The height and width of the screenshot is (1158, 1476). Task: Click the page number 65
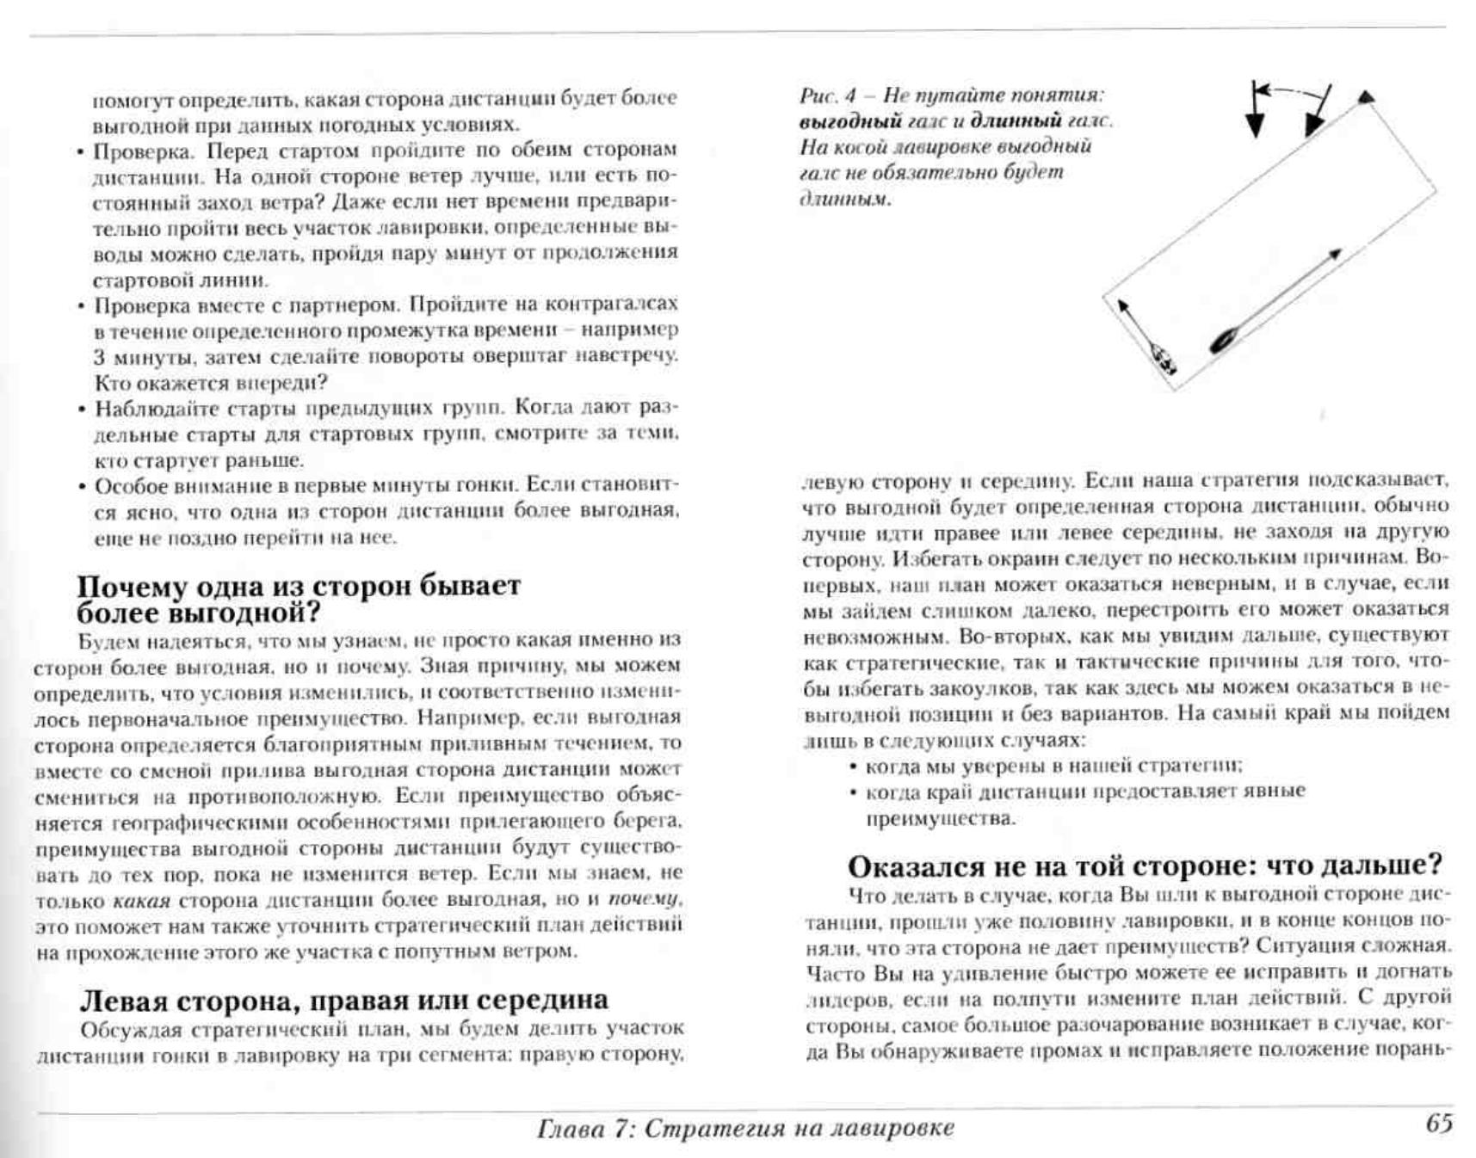tap(1439, 1124)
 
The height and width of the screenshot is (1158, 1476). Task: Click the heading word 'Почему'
tap(133, 587)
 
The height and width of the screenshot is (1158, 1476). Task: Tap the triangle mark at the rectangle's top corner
tap(1366, 97)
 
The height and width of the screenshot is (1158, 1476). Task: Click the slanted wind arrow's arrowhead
tap(1312, 125)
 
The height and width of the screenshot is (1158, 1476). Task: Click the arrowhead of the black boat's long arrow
tap(1336, 254)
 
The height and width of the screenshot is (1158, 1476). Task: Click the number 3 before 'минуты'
tap(100, 357)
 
